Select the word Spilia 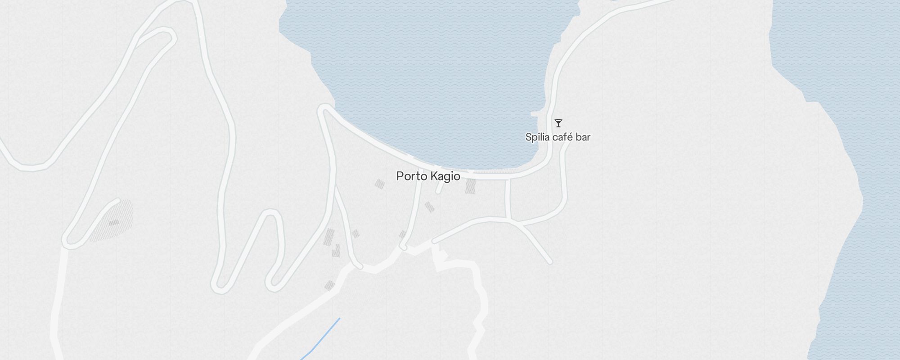point(537,137)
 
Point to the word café point(562,137)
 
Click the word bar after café point(583,137)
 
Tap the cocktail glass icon point(558,123)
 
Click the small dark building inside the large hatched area point(113,222)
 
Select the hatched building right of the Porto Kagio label point(470,186)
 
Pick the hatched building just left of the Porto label point(380,184)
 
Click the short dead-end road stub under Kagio point(439,189)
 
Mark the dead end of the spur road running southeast point(549,261)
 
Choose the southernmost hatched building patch point(329,285)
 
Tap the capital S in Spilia point(528,137)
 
